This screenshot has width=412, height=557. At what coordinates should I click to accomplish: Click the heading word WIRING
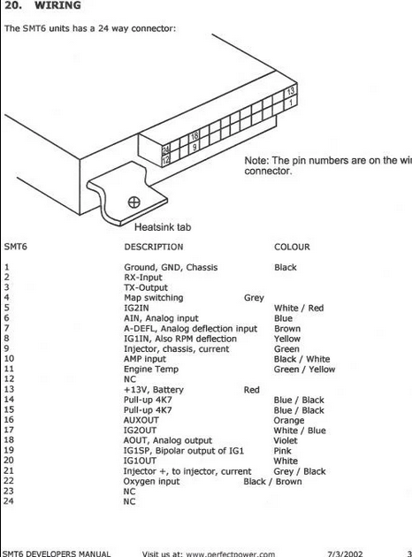click(57, 5)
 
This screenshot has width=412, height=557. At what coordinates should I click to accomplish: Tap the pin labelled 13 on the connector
click(291, 91)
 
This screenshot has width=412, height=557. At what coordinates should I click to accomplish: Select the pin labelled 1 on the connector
click(291, 103)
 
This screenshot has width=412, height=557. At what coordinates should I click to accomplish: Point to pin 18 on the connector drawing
click(195, 136)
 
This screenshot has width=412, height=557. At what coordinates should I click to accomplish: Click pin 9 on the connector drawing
click(195, 147)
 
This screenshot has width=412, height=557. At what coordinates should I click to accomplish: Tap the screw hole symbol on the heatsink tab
click(134, 202)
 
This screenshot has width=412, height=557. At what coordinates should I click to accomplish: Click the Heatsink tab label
click(163, 227)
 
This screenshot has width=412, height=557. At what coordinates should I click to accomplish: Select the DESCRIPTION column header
click(154, 247)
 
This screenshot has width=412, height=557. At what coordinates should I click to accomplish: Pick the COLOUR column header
click(292, 247)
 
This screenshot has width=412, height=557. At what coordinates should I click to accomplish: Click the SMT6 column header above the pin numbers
click(16, 247)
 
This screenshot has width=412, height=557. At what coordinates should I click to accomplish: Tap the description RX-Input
click(142, 278)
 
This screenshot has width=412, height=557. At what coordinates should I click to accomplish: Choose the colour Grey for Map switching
click(254, 298)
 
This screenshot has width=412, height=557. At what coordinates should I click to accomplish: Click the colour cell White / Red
click(299, 308)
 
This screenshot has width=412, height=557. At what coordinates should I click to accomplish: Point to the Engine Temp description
click(151, 370)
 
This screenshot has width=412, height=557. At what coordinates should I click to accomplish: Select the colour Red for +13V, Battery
click(251, 390)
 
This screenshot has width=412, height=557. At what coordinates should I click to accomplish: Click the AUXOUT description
click(141, 420)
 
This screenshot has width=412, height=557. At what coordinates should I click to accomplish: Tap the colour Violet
click(286, 441)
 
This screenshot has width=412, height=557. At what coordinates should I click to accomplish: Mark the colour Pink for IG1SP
click(282, 451)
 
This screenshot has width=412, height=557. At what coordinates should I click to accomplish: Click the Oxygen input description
click(151, 482)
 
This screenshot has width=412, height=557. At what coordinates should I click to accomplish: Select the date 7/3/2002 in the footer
click(345, 553)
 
